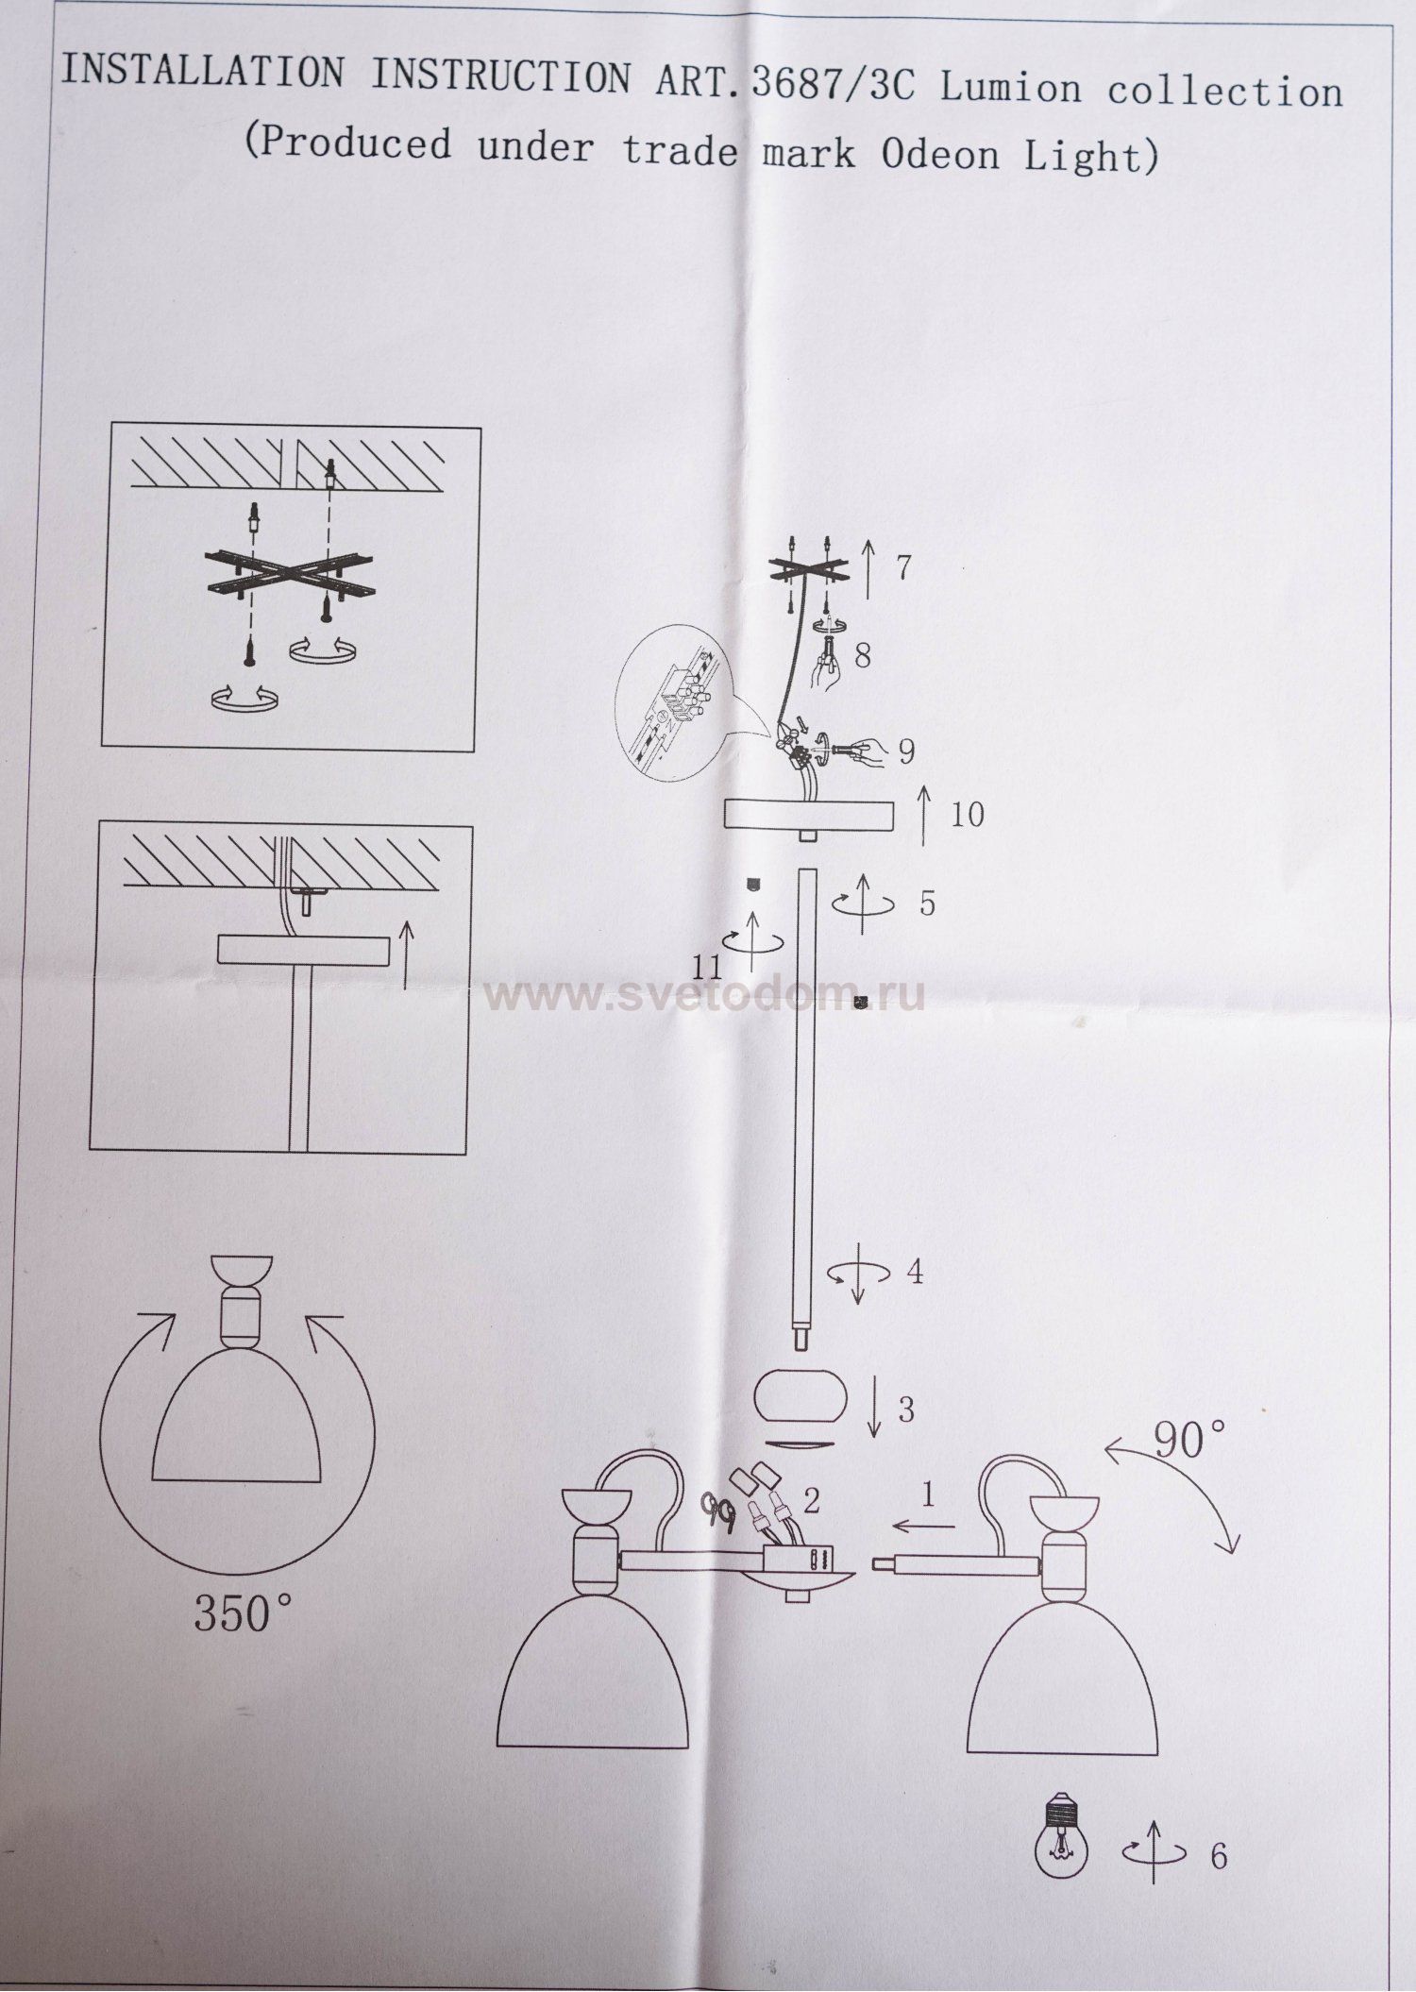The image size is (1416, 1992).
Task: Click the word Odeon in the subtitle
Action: click(x=939, y=154)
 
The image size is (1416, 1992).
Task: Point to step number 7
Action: click(x=903, y=567)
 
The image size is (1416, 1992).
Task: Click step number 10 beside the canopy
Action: click(x=967, y=814)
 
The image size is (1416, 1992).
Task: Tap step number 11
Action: click(x=706, y=966)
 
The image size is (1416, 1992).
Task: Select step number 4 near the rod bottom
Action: click(x=914, y=1272)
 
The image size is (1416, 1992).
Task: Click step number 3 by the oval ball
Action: click(x=906, y=1410)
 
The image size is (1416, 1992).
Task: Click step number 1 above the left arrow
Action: click(x=928, y=1494)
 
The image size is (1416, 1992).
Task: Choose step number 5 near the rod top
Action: click(x=927, y=903)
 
